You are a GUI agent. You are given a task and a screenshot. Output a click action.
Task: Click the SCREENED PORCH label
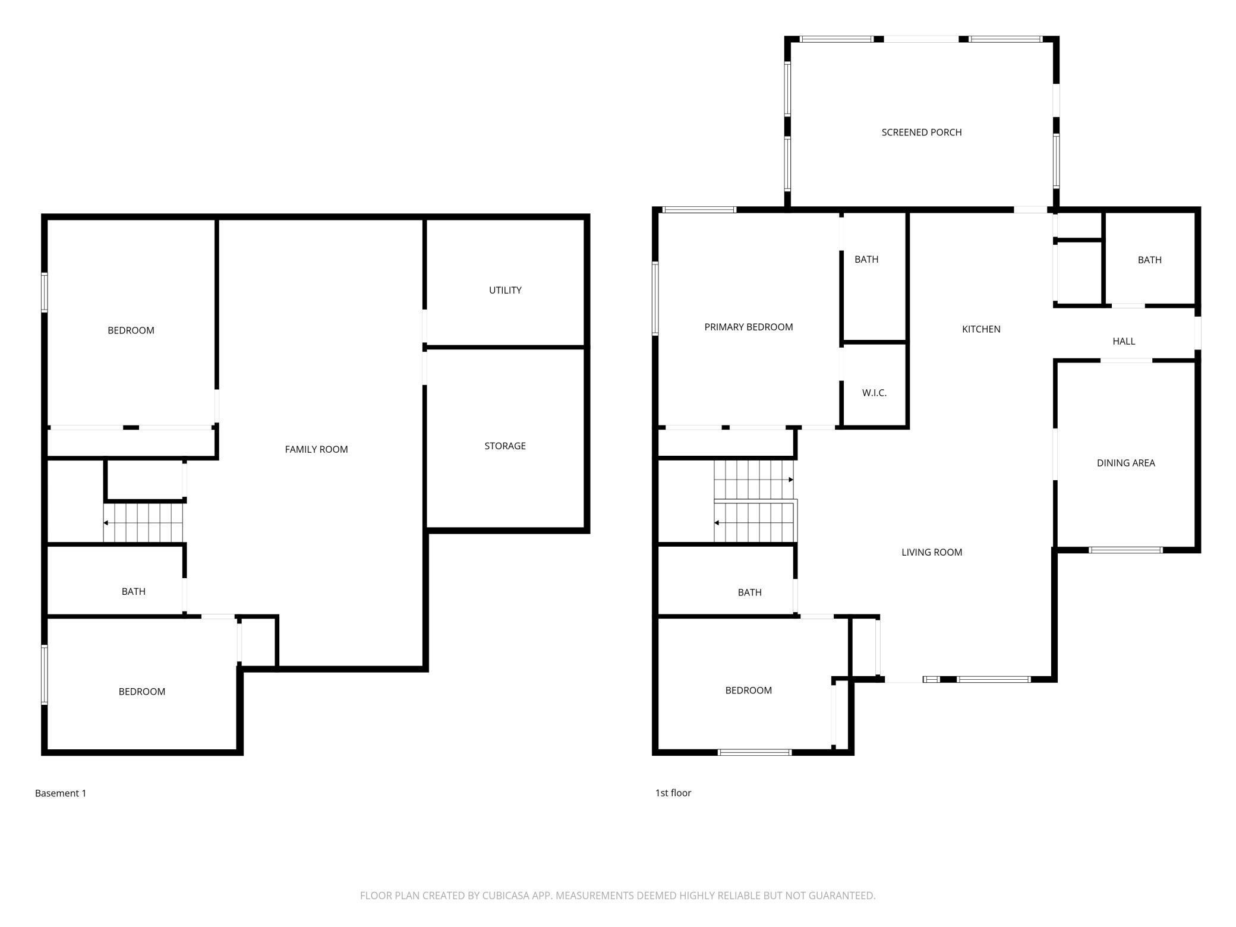(x=921, y=133)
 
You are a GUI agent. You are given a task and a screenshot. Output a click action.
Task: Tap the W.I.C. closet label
(x=874, y=393)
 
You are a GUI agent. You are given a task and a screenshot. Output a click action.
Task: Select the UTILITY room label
(x=505, y=290)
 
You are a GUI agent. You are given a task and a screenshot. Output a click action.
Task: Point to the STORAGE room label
(x=505, y=446)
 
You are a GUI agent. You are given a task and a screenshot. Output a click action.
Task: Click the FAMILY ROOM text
(x=316, y=449)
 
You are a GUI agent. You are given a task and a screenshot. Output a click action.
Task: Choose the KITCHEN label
(x=981, y=329)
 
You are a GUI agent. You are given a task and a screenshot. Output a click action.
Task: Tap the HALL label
(x=1123, y=341)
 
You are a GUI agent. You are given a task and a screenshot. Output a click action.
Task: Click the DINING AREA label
(x=1125, y=463)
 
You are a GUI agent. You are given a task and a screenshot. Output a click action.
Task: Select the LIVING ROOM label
(x=931, y=552)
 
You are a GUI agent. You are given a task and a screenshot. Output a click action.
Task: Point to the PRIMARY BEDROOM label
(x=748, y=327)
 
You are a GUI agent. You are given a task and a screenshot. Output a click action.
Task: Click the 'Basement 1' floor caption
(x=61, y=793)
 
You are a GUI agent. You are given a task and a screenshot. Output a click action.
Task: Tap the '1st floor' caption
(x=673, y=793)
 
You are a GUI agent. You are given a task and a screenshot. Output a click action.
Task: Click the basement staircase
(x=143, y=523)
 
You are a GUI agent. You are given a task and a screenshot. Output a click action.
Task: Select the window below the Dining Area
(x=1125, y=550)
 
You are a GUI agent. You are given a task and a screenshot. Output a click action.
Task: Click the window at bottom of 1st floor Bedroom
(x=755, y=752)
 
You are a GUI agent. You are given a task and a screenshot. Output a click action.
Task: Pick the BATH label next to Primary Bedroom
(x=866, y=259)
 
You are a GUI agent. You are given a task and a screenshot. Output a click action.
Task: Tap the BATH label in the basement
(x=133, y=591)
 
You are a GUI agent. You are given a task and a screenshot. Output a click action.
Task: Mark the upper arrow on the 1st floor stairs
(x=790, y=480)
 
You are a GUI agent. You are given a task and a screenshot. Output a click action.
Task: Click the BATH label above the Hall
(x=1149, y=260)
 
